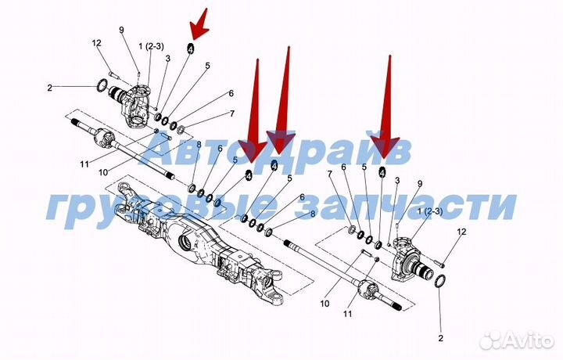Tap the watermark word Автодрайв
click(x=274, y=151)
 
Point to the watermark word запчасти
click(x=406, y=206)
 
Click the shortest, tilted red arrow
click(x=199, y=24)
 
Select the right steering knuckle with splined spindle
click(x=412, y=259)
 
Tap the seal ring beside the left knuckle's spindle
click(x=102, y=85)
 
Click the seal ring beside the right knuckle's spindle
click(x=440, y=281)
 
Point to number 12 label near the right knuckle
click(x=462, y=232)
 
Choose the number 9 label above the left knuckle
click(x=121, y=30)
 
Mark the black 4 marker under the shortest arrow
click(x=190, y=49)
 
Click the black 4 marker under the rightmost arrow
click(x=382, y=173)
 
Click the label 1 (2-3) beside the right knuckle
click(x=430, y=211)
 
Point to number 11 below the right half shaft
click(x=347, y=314)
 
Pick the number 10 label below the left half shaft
click(x=103, y=172)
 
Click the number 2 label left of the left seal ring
click(x=49, y=88)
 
